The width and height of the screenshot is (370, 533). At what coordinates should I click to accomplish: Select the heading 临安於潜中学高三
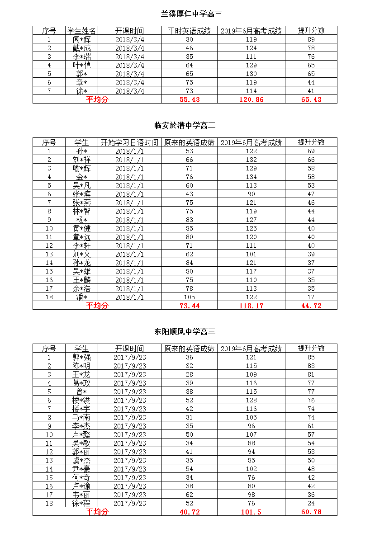185,126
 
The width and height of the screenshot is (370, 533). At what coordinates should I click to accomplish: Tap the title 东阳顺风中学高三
185,332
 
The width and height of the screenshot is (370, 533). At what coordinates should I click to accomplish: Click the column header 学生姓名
81,31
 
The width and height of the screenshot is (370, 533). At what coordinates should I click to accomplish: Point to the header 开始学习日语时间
129,142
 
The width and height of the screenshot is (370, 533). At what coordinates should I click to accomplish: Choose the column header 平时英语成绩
189,31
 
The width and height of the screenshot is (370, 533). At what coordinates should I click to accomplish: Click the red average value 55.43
190,99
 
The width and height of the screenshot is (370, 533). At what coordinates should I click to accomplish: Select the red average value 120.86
251,99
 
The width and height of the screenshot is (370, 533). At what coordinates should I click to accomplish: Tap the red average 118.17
251,306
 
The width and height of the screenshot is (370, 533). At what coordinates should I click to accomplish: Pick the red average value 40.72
190,512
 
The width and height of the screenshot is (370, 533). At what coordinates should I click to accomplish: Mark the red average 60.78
311,512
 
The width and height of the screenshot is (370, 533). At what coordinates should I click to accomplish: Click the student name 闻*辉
81,39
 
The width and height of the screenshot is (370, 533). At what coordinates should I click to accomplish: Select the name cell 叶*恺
81,65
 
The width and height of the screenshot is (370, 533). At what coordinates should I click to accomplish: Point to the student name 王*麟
81,280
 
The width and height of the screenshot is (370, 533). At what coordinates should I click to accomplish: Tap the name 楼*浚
81,400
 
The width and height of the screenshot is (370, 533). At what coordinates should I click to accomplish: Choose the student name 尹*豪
81,469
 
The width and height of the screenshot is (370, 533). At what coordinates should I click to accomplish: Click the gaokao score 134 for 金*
251,177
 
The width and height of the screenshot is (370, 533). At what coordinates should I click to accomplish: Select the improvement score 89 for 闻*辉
311,39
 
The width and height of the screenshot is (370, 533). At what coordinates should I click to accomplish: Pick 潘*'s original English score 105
190,297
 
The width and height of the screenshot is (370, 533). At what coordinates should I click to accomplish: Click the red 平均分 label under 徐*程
97,512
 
